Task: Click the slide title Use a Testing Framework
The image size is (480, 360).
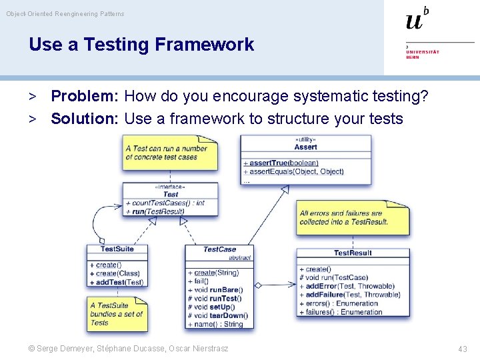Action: point(141,45)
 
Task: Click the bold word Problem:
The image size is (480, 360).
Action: point(84,96)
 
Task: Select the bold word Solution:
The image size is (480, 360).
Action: point(84,119)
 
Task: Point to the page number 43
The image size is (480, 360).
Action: point(463,349)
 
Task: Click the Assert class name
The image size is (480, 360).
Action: point(305,147)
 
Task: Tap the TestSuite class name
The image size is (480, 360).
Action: point(117,249)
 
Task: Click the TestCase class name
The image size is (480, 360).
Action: point(219,249)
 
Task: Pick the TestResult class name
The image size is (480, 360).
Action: point(353,253)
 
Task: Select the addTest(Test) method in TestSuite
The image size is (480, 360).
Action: point(116,282)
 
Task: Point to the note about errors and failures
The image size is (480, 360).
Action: point(352,217)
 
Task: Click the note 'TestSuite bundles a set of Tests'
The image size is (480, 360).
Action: point(116,314)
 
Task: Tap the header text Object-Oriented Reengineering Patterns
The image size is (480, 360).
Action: point(65,13)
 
